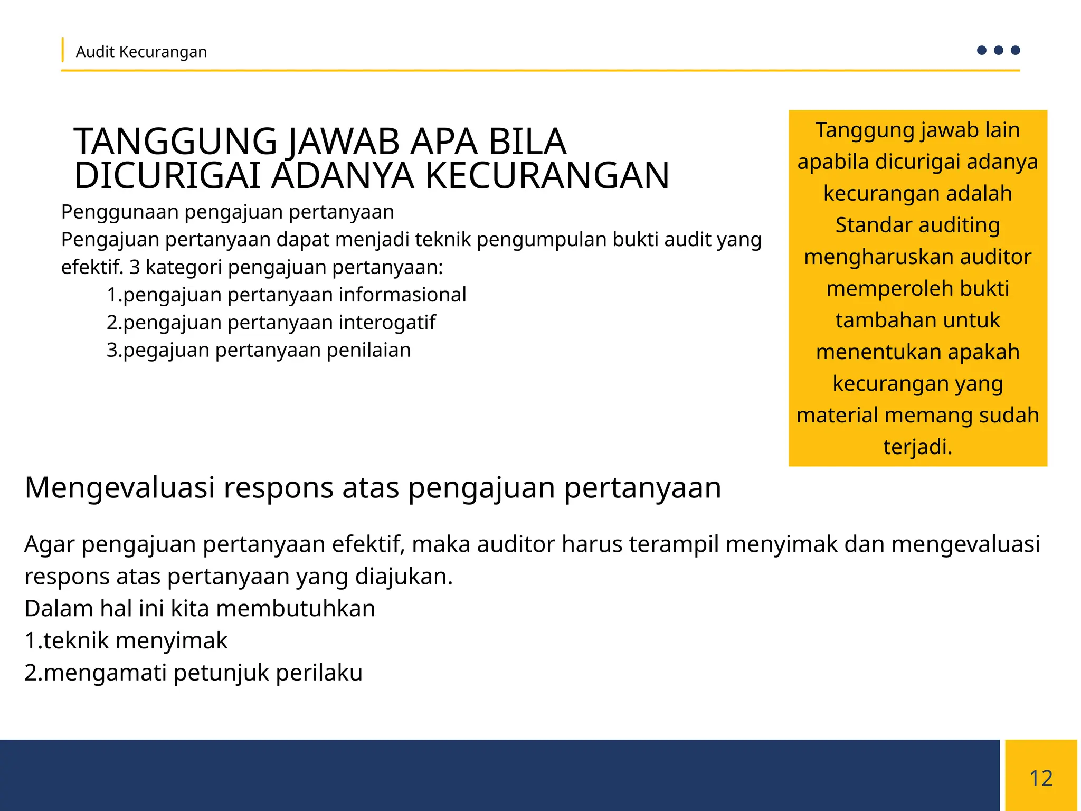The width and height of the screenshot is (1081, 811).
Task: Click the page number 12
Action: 1041,778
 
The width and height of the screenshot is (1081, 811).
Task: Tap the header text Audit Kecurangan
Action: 141,52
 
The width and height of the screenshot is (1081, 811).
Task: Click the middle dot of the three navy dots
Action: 998,50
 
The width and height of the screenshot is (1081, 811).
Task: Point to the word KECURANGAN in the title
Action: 547,175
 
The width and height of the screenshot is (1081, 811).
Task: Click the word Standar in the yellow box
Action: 864,225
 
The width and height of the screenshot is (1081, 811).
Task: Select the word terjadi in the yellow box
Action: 917,447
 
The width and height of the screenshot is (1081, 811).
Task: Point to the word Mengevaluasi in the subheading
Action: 120,487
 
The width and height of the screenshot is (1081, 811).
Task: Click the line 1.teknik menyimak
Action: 126,640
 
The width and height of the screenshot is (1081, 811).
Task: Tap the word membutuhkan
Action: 296,608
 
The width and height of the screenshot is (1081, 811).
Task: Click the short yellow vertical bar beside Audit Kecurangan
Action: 63,50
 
